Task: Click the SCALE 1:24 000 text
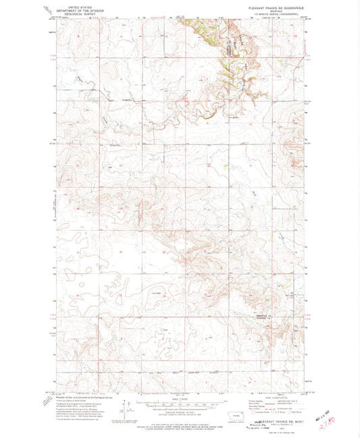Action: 179,396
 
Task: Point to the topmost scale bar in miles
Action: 179,400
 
